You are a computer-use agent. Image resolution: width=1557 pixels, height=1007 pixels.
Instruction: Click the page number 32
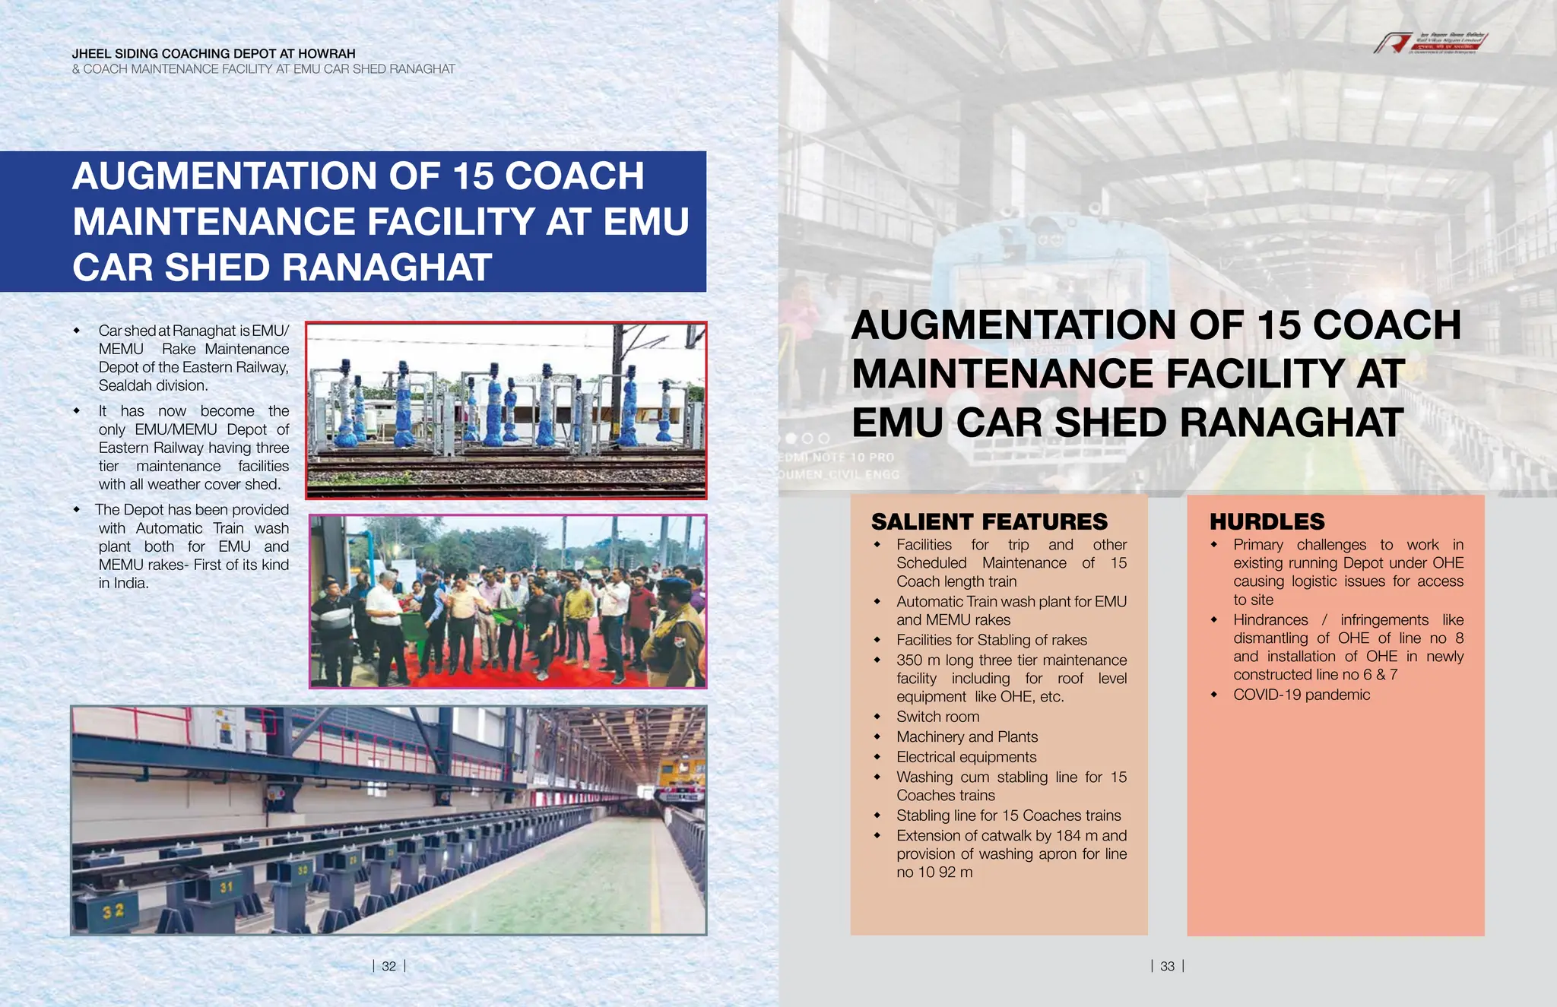coord(388,966)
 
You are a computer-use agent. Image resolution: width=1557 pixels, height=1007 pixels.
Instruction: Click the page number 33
coord(1167,966)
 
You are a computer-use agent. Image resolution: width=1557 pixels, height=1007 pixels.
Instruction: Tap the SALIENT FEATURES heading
coord(989,522)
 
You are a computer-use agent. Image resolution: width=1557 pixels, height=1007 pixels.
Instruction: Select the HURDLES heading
coord(1267,522)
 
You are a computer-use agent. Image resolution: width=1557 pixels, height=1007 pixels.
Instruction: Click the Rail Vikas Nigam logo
coord(1429,43)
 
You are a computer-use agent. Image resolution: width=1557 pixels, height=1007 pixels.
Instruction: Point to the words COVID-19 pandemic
coord(1301,695)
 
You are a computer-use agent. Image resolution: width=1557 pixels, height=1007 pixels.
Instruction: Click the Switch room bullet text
coord(937,717)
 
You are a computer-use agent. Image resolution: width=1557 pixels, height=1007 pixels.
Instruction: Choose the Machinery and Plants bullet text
coord(966,736)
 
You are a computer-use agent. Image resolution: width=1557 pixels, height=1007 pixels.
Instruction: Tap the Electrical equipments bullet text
coord(966,757)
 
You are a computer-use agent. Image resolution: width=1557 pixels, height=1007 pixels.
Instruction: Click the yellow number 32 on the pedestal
coord(113,910)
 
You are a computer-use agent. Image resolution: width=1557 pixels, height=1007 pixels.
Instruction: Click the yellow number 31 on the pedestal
coord(226,887)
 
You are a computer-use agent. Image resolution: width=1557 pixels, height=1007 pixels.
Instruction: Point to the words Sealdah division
coord(153,385)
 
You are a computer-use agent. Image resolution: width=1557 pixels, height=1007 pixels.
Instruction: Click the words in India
coord(123,583)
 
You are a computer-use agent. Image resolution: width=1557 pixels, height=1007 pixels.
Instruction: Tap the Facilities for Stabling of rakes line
coord(991,640)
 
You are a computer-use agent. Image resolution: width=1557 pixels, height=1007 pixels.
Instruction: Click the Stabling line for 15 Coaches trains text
coord(1008,815)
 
